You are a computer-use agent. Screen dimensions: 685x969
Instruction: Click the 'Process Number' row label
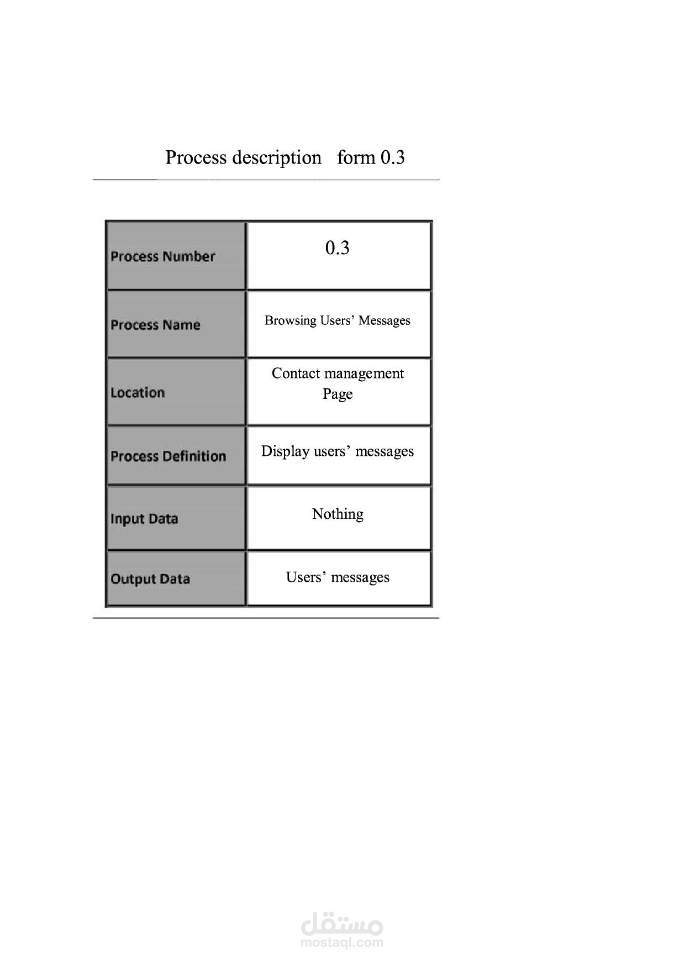click(162, 256)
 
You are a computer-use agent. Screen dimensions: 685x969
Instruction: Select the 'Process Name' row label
click(155, 325)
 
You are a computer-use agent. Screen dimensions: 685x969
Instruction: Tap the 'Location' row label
click(138, 393)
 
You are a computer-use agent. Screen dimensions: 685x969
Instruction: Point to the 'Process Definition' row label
click(168, 456)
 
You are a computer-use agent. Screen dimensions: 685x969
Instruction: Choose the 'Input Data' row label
click(144, 519)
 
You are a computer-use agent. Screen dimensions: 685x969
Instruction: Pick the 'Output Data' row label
click(150, 579)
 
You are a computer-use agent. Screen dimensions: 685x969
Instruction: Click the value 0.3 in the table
click(338, 248)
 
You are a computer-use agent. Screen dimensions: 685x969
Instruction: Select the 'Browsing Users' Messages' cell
click(338, 320)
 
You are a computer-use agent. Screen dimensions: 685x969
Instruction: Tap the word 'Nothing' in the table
click(338, 514)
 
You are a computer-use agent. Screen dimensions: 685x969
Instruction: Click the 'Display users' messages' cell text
click(338, 451)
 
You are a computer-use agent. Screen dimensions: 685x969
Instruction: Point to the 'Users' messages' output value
click(338, 577)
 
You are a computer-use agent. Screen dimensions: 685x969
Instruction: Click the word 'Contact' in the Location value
click(296, 373)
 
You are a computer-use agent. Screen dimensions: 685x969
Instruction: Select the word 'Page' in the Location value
click(338, 394)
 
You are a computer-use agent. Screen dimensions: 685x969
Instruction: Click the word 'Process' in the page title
click(196, 157)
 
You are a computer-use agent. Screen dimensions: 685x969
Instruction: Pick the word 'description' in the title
click(277, 158)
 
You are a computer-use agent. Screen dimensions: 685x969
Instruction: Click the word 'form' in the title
click(356, 157)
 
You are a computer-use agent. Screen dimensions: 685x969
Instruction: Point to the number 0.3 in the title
click(393, 157)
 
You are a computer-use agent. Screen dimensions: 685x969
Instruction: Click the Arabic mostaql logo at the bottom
click(342, 922)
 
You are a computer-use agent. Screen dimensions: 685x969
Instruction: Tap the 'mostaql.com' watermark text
click(342, 942)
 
